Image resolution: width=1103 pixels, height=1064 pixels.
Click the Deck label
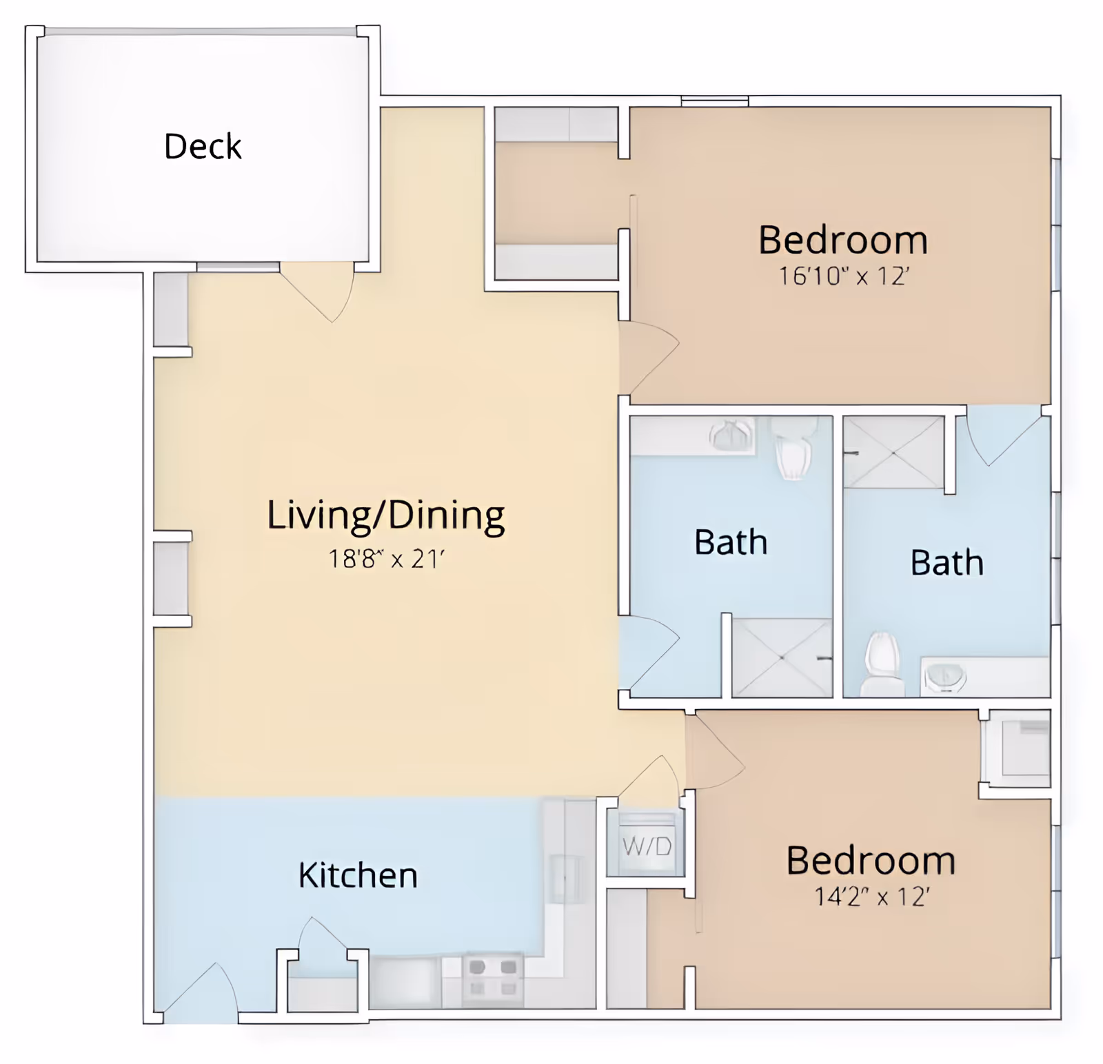click(x=203, y=146)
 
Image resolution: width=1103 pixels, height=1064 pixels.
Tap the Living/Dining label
click(x=385, y=515)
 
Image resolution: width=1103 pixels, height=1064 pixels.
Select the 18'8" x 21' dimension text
click(x=385, y=558)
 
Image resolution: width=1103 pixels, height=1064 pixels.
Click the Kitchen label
click(x=358, y=875)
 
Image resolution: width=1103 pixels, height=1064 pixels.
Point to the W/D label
click(x=646, y=846)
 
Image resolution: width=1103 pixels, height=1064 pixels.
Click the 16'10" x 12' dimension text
click(x=843, y=276)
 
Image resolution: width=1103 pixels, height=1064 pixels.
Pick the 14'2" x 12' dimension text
click(x=871, y=897)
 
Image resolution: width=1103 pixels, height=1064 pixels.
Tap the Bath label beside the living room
click(x=730, y=542)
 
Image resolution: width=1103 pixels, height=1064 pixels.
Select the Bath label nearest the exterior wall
click(x=947, y=562)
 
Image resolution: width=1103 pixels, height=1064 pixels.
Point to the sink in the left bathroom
click(x=731, y=436)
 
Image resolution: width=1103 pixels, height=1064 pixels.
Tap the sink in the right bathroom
click(x=944, y=677)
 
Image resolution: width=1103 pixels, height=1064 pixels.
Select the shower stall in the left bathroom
click(x=781, y=657)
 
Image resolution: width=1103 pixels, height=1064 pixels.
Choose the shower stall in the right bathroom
click(x=893, y=452)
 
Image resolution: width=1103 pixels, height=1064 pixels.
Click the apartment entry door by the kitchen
click(x=200, y=992)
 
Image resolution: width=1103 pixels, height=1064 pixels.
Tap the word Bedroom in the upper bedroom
click(x=842, y=240)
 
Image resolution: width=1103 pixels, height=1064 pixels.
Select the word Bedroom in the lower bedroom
click(x=871, y=861)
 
